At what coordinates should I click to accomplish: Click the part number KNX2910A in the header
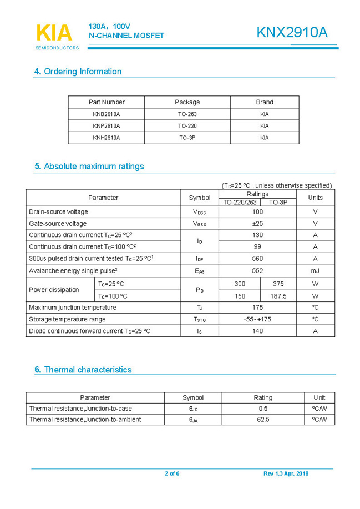[x=292, y=33]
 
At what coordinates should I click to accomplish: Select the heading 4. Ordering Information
[x=78, y=72]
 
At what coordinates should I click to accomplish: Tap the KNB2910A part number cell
[x=107, y=114]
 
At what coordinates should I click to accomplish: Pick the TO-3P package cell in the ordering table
[x=187, y=138]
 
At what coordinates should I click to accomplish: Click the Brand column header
[x=264, y=102]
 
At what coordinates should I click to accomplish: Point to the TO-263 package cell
[x=187, y=114]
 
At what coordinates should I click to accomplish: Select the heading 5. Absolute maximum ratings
[x=89, y=166]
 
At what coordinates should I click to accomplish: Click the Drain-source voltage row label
[x=58, y=211]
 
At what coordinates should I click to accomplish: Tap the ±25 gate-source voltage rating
[x=257, y=223]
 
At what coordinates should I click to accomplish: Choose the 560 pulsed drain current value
[x=257, y=259]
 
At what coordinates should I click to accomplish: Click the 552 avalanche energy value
[x=257, y=270]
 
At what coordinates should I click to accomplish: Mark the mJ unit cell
[x=315, y=270]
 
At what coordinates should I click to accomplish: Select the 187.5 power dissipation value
[x=278, y=296]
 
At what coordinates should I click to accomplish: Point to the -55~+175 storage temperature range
[x=257, y=319]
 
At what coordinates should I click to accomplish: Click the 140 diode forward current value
[x=257, y=331]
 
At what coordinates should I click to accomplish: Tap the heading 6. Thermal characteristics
[x=83, y=370]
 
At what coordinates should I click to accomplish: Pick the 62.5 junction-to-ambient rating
[x=263, y=420]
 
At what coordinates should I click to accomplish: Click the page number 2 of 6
[x=172, y=473]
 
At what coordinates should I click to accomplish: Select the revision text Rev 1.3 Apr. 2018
[x=286, y=473]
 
